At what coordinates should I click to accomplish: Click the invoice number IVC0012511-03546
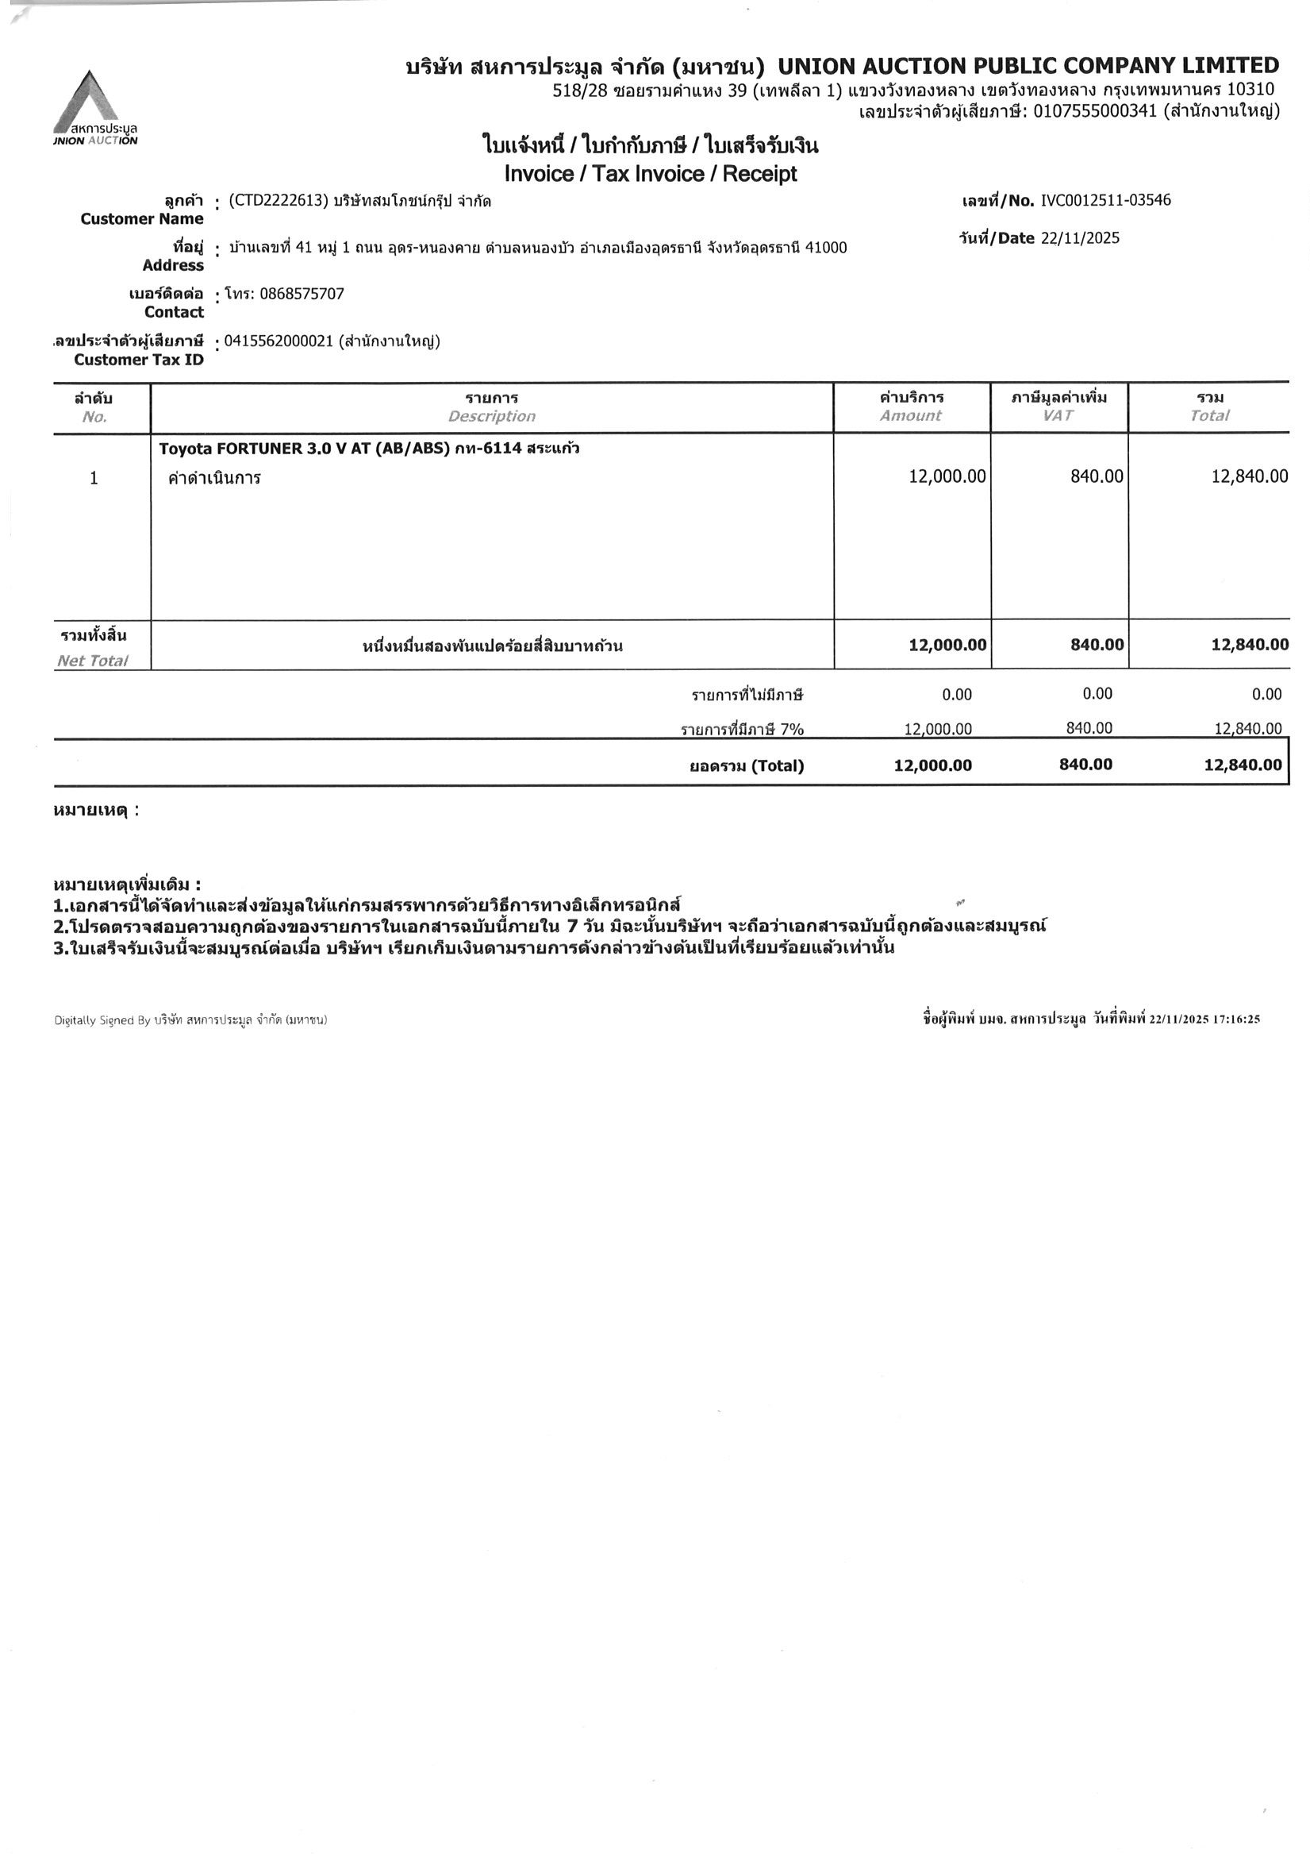[1105, 200]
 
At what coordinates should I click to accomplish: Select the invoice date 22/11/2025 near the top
[1080, 238]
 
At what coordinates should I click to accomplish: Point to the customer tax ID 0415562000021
[279, 341]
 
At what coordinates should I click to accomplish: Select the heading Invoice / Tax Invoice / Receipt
[650, 174]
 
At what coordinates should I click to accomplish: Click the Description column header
[492, 417]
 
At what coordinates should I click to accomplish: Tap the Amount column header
[910, 416]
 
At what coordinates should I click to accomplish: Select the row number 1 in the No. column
[94, 478]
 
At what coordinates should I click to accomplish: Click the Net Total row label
[93, 661]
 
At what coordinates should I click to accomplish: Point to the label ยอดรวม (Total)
[746, 765]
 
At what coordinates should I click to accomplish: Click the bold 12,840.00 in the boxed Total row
[1243, 765]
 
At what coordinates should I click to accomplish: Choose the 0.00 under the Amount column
[956, 695]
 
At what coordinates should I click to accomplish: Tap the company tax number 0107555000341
[1095, 110]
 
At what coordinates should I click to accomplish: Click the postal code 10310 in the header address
[1250, 89]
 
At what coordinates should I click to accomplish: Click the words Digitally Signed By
[102, 1020]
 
